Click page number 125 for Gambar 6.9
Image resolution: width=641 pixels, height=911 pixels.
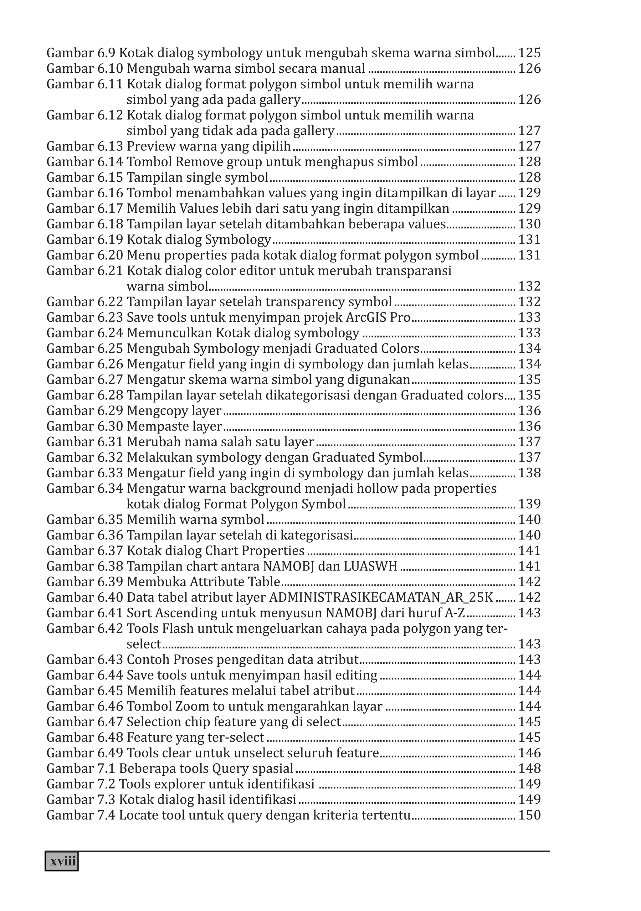[530, 53]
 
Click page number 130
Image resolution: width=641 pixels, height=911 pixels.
[530, 224]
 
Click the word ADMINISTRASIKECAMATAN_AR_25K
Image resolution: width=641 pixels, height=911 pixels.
[381, 597]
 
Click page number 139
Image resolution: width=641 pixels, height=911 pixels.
[530, 504]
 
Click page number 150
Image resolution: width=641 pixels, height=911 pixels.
[530, 815]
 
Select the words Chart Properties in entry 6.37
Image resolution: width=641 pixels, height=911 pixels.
[255, 551]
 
